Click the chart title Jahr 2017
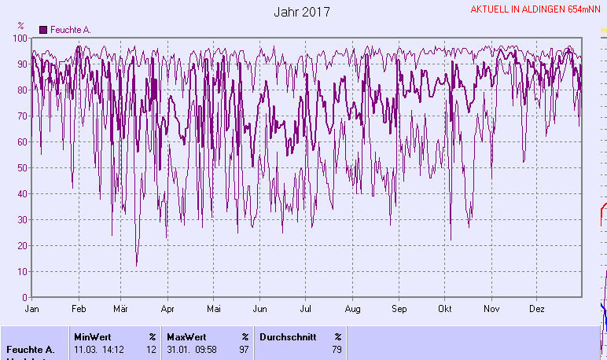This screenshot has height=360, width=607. tap(303, 12)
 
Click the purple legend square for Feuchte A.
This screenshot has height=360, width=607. tap(43, 30)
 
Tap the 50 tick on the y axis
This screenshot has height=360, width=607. tap(23, 168)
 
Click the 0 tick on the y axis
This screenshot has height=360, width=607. tap(25, 298)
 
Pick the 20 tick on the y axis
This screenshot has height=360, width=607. tap(23, 246)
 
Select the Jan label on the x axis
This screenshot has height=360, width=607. tap(32, 309)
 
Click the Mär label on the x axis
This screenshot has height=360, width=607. tap(121, 309)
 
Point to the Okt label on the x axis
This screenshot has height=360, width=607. tap(446, 309)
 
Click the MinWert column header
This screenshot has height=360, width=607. tap(92, 336)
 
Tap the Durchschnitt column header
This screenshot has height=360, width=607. tap(288, 336)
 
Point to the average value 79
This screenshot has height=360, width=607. tap(337, 349)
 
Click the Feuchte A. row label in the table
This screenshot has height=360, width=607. tap(30, 349)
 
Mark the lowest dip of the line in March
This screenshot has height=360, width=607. tap(136, 266)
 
